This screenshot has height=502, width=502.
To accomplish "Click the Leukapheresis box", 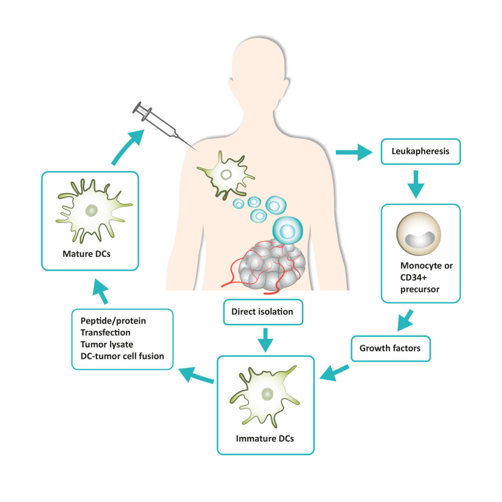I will pos(421,151).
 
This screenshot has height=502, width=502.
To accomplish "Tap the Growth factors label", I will pos(389,347).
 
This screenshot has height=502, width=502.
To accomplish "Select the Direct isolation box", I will pos(262,311).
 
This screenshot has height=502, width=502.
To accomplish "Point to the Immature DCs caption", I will pos(265,438).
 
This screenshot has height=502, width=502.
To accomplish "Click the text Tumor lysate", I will pos(104,344).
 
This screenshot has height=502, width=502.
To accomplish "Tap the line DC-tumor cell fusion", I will pos(122,356).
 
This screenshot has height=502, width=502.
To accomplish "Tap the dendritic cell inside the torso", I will pos(226,175).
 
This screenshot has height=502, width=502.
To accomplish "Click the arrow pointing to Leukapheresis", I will pos(354,151).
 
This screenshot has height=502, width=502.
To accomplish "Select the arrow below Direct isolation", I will pos(265,338).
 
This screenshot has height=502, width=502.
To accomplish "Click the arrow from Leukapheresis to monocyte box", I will pos(416,184).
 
